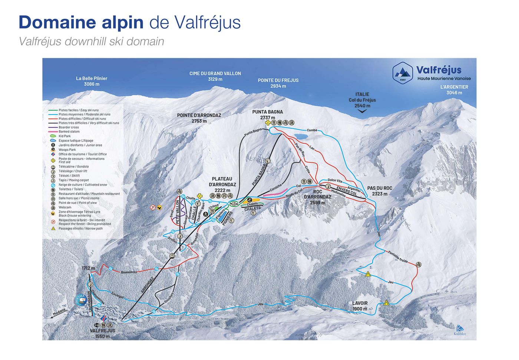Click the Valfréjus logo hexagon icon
tap(402, 73)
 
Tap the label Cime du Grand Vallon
tap(215, 76)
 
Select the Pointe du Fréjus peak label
tap(278, 83)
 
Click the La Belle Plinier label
tap(92, 81)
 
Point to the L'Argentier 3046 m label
tap(454, 90)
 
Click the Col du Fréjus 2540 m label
tap(362, 100)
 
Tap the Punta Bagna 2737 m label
tap(267, 114)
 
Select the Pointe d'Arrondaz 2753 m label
tap(199, 118)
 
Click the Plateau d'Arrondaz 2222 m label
tap(222, 185)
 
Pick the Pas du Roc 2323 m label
tap(380, 191)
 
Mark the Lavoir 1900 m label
tap(360, 306)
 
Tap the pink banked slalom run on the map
tap(275, 193)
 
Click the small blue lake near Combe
tap(301, 136)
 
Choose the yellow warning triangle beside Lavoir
tap(386, 303)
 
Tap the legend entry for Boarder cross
tap(69, 127)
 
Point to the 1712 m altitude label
tap(88, 268)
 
